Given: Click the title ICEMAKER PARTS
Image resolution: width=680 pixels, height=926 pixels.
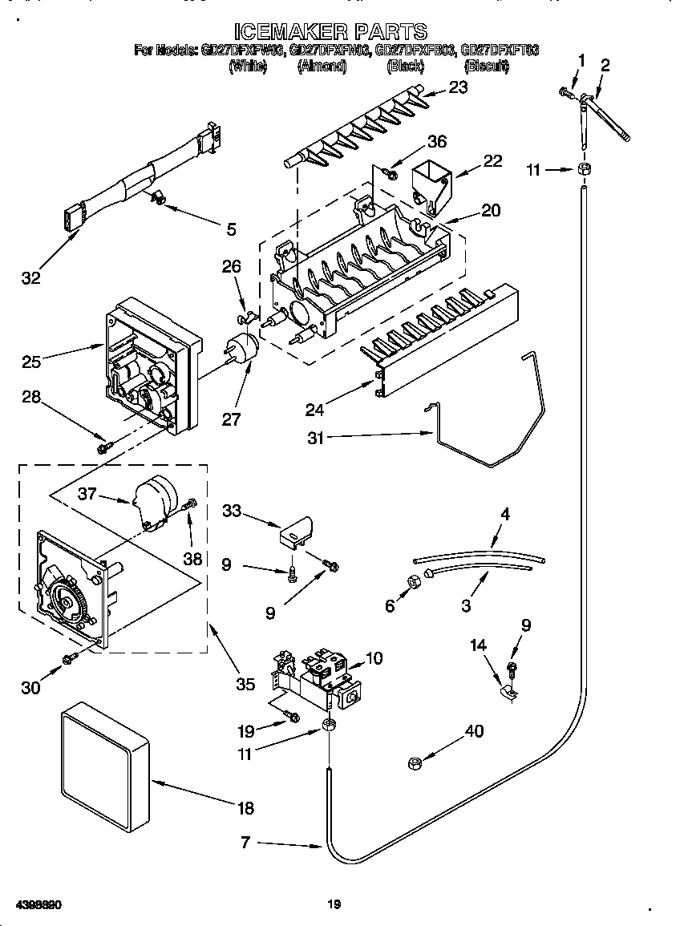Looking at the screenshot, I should [x=330, y=31].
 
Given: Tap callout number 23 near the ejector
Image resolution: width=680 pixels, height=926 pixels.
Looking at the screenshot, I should [x=458, y=88].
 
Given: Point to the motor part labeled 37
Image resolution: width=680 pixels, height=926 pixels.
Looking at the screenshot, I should [x=153, y=499].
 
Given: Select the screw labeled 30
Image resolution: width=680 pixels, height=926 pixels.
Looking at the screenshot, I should [x=71, y=658].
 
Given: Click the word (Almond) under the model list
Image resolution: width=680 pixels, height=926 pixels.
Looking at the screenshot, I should [x=321, y=67].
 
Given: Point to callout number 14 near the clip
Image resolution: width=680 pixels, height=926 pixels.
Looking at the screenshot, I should [x=479, y=644].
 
